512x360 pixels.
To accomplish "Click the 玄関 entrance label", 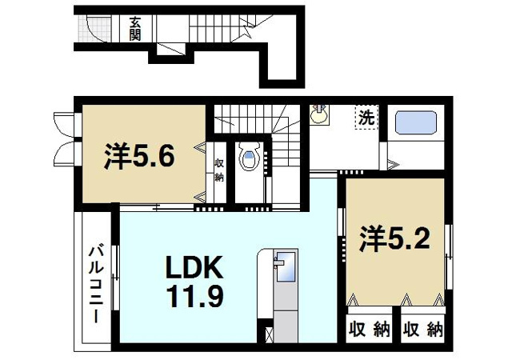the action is pos(134,29).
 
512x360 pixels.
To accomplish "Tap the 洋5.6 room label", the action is pos(139,156).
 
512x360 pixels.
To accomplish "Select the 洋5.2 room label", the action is pos(394,239).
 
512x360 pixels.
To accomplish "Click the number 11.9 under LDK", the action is pos(194,296).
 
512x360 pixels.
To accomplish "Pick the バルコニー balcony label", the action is pos(96,285).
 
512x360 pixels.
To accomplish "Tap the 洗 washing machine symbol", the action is pos(366,118).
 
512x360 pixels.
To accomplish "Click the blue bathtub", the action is pos(416,123).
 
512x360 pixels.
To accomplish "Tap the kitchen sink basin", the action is pos(286,266).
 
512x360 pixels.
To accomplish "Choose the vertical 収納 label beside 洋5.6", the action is pos(218,170).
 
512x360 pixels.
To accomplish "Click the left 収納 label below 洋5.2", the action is pos(370,330).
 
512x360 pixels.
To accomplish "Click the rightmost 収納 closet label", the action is pos(422,330).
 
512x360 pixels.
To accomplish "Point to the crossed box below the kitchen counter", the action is pos(269,335).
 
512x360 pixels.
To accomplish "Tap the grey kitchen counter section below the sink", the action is pos(286,326).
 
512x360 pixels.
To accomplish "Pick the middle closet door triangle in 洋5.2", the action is pos(406,299).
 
